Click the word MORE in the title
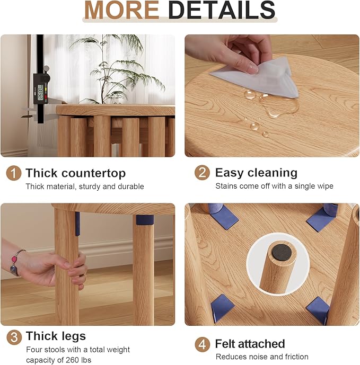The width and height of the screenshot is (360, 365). tap(121, 10)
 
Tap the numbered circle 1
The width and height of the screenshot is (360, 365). tap(13, 173)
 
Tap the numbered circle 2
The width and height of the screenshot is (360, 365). tap(201, 173)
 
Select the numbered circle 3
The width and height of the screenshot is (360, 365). tap(13, 336)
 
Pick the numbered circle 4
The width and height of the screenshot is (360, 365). tap(201, 344)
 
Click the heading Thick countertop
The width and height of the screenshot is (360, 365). tap(75, 173)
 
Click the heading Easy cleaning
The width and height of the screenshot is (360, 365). tap(256, 173)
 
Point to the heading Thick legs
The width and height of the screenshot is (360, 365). tap(56, 336)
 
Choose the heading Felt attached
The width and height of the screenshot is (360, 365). tap(250, 344)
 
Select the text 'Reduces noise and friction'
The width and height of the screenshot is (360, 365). tap(262, 357)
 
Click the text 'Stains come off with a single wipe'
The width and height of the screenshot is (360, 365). tap(274, 186)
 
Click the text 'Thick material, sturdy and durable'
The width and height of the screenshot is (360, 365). tap(85, 186)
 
